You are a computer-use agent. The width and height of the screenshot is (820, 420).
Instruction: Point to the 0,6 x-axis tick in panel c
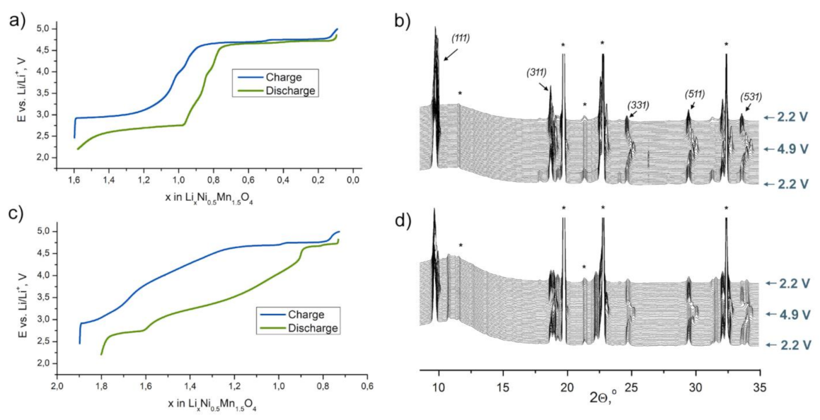pyautogui.click(x=366, y=387)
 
